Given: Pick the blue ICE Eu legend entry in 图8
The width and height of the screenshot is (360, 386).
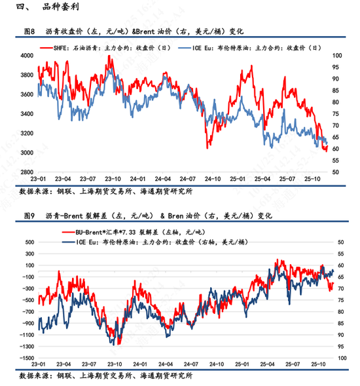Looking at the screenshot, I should coord(256,48).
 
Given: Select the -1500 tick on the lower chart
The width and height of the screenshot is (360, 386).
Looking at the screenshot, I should coord(25,358).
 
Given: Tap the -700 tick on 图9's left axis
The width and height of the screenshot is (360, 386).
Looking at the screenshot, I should coord(26,311).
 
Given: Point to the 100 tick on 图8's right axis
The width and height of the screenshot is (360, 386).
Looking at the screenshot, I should coord(336,56).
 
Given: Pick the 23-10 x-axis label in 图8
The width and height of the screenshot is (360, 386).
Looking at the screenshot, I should coord(113,178).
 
